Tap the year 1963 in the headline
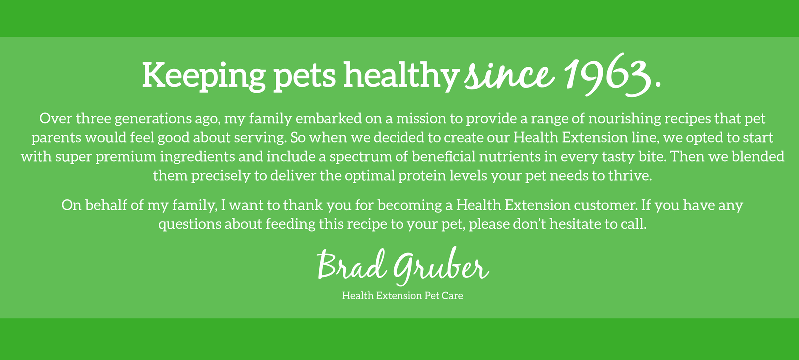[606, 75]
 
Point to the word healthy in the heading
[400, 75]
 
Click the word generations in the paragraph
[153, 119]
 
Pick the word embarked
[329, 118]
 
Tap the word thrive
[630, 176]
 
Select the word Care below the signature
[452, 296]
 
